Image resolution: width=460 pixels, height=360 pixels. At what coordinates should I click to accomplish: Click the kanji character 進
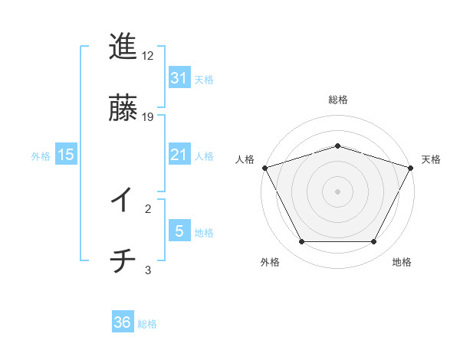(123, 47)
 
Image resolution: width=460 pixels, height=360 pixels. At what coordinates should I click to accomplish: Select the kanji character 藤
(123, 108)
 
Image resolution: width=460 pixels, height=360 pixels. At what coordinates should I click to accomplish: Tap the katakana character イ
(122, 201)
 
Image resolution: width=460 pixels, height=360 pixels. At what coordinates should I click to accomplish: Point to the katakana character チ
(122, 262)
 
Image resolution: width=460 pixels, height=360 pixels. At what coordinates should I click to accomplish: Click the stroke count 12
(148, 56)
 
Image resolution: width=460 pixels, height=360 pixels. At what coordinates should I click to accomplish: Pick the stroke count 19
(148, 117)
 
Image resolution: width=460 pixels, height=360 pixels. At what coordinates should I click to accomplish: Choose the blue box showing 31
(179, 78)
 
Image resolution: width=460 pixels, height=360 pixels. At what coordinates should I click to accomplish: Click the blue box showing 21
(179, 155)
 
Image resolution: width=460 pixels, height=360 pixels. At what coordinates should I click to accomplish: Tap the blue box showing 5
(179, 231)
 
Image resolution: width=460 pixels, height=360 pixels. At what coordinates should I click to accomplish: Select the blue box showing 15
(66, 155)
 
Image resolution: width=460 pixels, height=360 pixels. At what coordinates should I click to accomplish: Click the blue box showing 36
(122, 322)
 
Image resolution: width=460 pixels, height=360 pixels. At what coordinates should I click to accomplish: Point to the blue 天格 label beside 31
(204, 79)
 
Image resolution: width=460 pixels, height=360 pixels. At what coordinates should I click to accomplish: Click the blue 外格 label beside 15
(41, 155)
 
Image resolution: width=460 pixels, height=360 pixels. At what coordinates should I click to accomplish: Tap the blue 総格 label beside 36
(147, 323)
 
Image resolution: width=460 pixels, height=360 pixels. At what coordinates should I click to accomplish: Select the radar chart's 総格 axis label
(337, 100)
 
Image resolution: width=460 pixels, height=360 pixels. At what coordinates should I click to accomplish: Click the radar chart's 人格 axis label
(245, 159)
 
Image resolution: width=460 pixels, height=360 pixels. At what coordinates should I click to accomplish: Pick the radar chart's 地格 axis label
(402, 262)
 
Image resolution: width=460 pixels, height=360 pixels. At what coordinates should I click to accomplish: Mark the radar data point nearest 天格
(411, 167)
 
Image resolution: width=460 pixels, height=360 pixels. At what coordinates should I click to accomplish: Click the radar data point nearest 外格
(301, 242)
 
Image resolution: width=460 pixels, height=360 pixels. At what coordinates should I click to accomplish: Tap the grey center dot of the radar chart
(337, 191)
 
